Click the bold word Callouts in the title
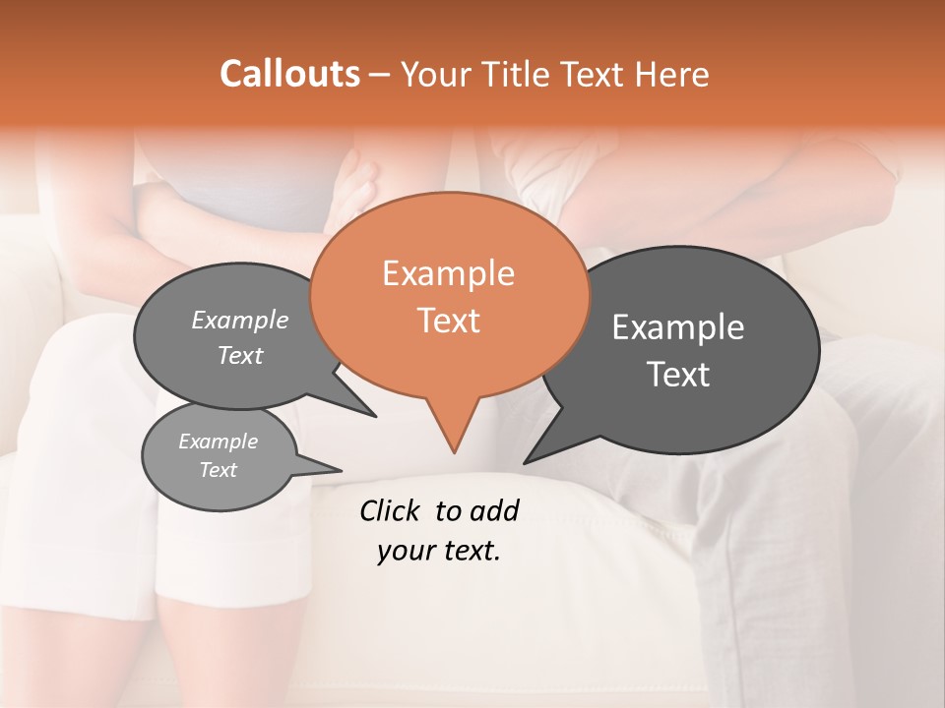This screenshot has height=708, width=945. click(289, 74)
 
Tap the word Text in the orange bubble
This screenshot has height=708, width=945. click(448, 321)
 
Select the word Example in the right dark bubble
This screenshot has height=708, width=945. click(678, 327)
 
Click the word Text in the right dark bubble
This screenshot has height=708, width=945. click(679, 375)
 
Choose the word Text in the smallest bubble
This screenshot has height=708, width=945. click(218, 470)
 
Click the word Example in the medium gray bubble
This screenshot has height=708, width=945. click(239, 320)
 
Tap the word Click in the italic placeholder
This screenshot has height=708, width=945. click(391, 510)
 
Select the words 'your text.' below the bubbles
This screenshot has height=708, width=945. click(439, 552)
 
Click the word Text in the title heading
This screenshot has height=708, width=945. click(592, 75)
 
